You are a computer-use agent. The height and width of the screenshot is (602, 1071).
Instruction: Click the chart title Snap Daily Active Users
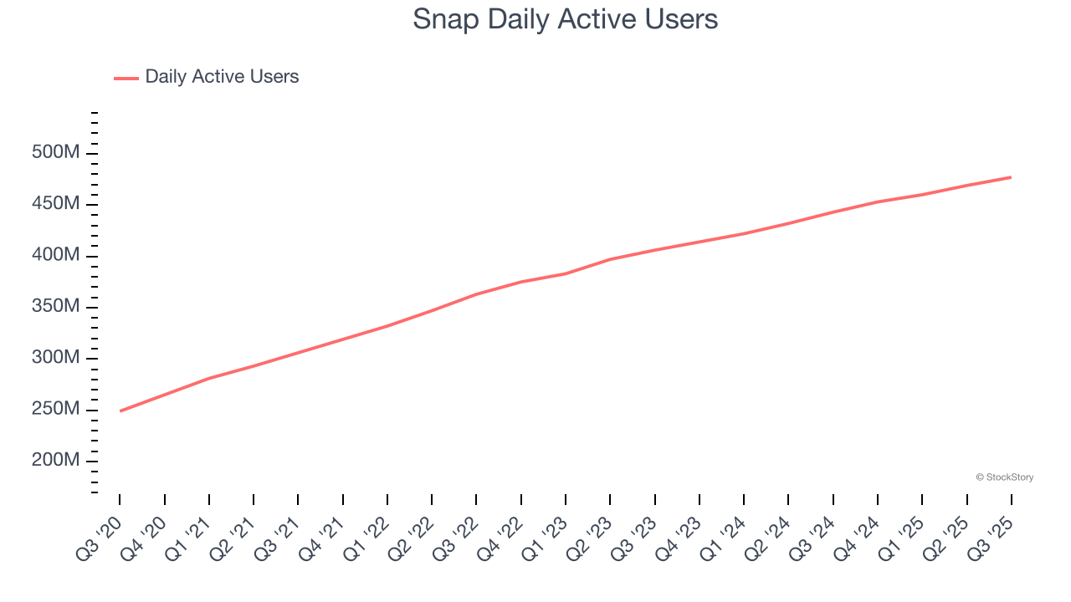[x=565, y=19]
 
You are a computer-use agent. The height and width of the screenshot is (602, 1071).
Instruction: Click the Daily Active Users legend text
[x=222, y=77]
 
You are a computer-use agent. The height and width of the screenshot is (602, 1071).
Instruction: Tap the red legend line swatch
[x=126, y=78]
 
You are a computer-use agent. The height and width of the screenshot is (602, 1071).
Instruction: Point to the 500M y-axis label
[x=56, y=153]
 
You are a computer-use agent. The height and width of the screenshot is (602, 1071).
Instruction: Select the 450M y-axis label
[x=56, y=204]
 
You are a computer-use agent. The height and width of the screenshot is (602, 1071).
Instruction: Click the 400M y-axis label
[x=56, y=255]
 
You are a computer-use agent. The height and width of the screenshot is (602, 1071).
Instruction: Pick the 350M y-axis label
[x=56, y=307]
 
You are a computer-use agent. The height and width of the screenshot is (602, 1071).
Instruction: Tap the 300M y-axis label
[x=56, y=358]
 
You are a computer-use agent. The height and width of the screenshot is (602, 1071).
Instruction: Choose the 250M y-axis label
[x=56, y=410]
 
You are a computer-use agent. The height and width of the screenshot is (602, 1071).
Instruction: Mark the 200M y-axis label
[x=56, y=461]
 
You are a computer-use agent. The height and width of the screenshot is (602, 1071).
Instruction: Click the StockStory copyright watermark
[x=1004, y=477]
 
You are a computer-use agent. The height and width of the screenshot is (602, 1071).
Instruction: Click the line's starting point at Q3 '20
[x=120, y=411]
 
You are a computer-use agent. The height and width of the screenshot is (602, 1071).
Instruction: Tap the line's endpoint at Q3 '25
[x=1011, y=177]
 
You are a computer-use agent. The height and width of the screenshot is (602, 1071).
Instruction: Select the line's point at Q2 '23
[x=611, y=259]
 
